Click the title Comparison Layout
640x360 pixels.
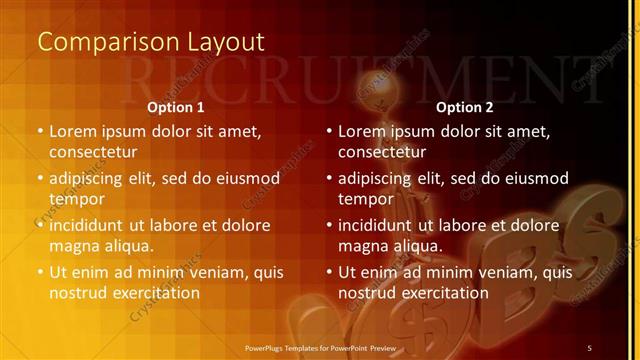(150, 42)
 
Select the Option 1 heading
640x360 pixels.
(176, 106)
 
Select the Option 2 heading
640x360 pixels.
(465, 106)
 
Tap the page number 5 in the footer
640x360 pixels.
(590, 347)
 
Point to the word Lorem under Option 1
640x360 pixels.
(73, 131)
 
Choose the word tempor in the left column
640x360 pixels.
(74, 199)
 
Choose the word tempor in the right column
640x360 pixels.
(363, 199)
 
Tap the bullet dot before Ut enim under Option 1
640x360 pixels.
(40, 272)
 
